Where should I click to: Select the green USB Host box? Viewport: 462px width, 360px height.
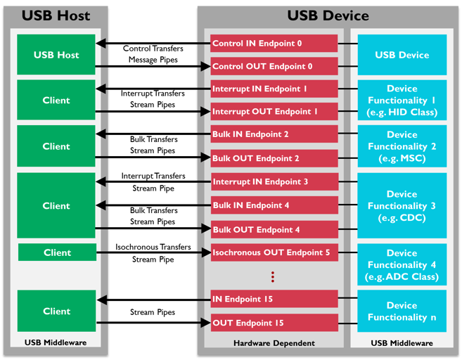(x=56, y=55)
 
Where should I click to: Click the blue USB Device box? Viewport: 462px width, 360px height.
(x=402, y=55)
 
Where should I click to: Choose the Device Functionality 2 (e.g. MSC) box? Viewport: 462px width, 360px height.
(x=402, y=146)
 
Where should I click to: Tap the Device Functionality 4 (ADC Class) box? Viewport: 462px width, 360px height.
(x=402, y=264)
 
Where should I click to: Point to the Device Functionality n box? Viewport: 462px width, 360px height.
(x=402, y=311)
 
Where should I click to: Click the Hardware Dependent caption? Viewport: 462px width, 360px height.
(x=271, y=343)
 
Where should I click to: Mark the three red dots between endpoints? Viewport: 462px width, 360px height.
(x=273, y=276)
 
